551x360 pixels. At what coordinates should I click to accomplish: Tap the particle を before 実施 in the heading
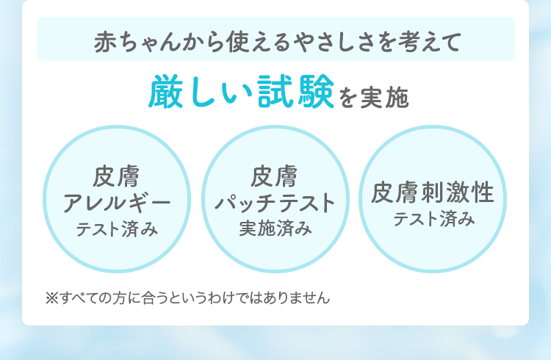[x=347, y=98]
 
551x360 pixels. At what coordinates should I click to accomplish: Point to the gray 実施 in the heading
[x=384, y=98]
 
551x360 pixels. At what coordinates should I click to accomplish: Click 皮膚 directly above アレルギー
[x=117, y=177]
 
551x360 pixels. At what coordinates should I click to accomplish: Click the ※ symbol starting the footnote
[x=51, y=298]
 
